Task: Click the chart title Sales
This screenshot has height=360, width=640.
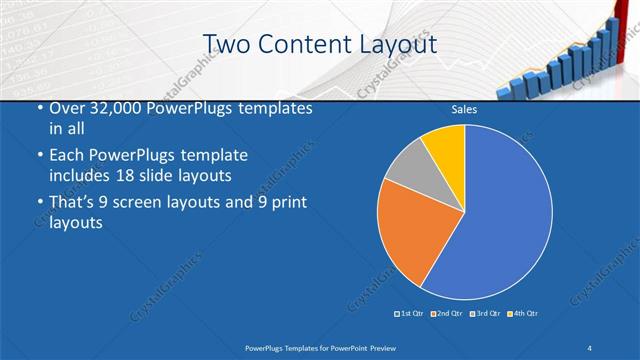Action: coord(464,109)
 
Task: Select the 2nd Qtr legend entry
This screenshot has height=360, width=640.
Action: coord(447,314)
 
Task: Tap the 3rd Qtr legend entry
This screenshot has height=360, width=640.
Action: coord(485,314)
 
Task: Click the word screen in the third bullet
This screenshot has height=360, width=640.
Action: coord(150,204)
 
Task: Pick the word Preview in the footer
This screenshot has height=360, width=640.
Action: coord(380,347)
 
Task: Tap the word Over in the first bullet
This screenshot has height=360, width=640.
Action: coord(68,109)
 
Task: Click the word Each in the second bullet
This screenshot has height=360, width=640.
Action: coord(68,156)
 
